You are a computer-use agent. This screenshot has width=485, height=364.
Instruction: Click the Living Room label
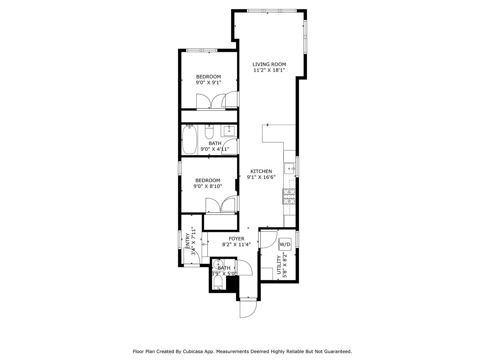269,64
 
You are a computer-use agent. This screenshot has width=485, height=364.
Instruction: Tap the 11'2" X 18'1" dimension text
269,70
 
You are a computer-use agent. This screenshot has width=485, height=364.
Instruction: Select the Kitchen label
261,171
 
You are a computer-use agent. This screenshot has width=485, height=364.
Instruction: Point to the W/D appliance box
285,244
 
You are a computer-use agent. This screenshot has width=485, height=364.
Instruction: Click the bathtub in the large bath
189,140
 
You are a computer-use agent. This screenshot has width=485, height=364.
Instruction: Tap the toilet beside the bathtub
209,131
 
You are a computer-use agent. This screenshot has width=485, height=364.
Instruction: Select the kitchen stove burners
289,196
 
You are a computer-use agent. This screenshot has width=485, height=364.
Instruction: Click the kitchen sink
290,169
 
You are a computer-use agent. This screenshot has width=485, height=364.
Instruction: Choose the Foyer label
236,239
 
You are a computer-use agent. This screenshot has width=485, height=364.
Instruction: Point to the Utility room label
279,265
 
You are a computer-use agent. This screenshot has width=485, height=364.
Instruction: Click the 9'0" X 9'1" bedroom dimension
208,83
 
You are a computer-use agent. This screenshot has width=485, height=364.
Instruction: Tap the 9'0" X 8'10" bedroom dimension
208,186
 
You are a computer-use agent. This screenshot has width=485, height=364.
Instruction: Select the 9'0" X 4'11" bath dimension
215,149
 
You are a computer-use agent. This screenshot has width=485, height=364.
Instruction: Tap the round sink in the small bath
218,264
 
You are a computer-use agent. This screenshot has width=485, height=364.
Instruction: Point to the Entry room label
188,241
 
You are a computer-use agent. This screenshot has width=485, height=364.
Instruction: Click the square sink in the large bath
229,131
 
